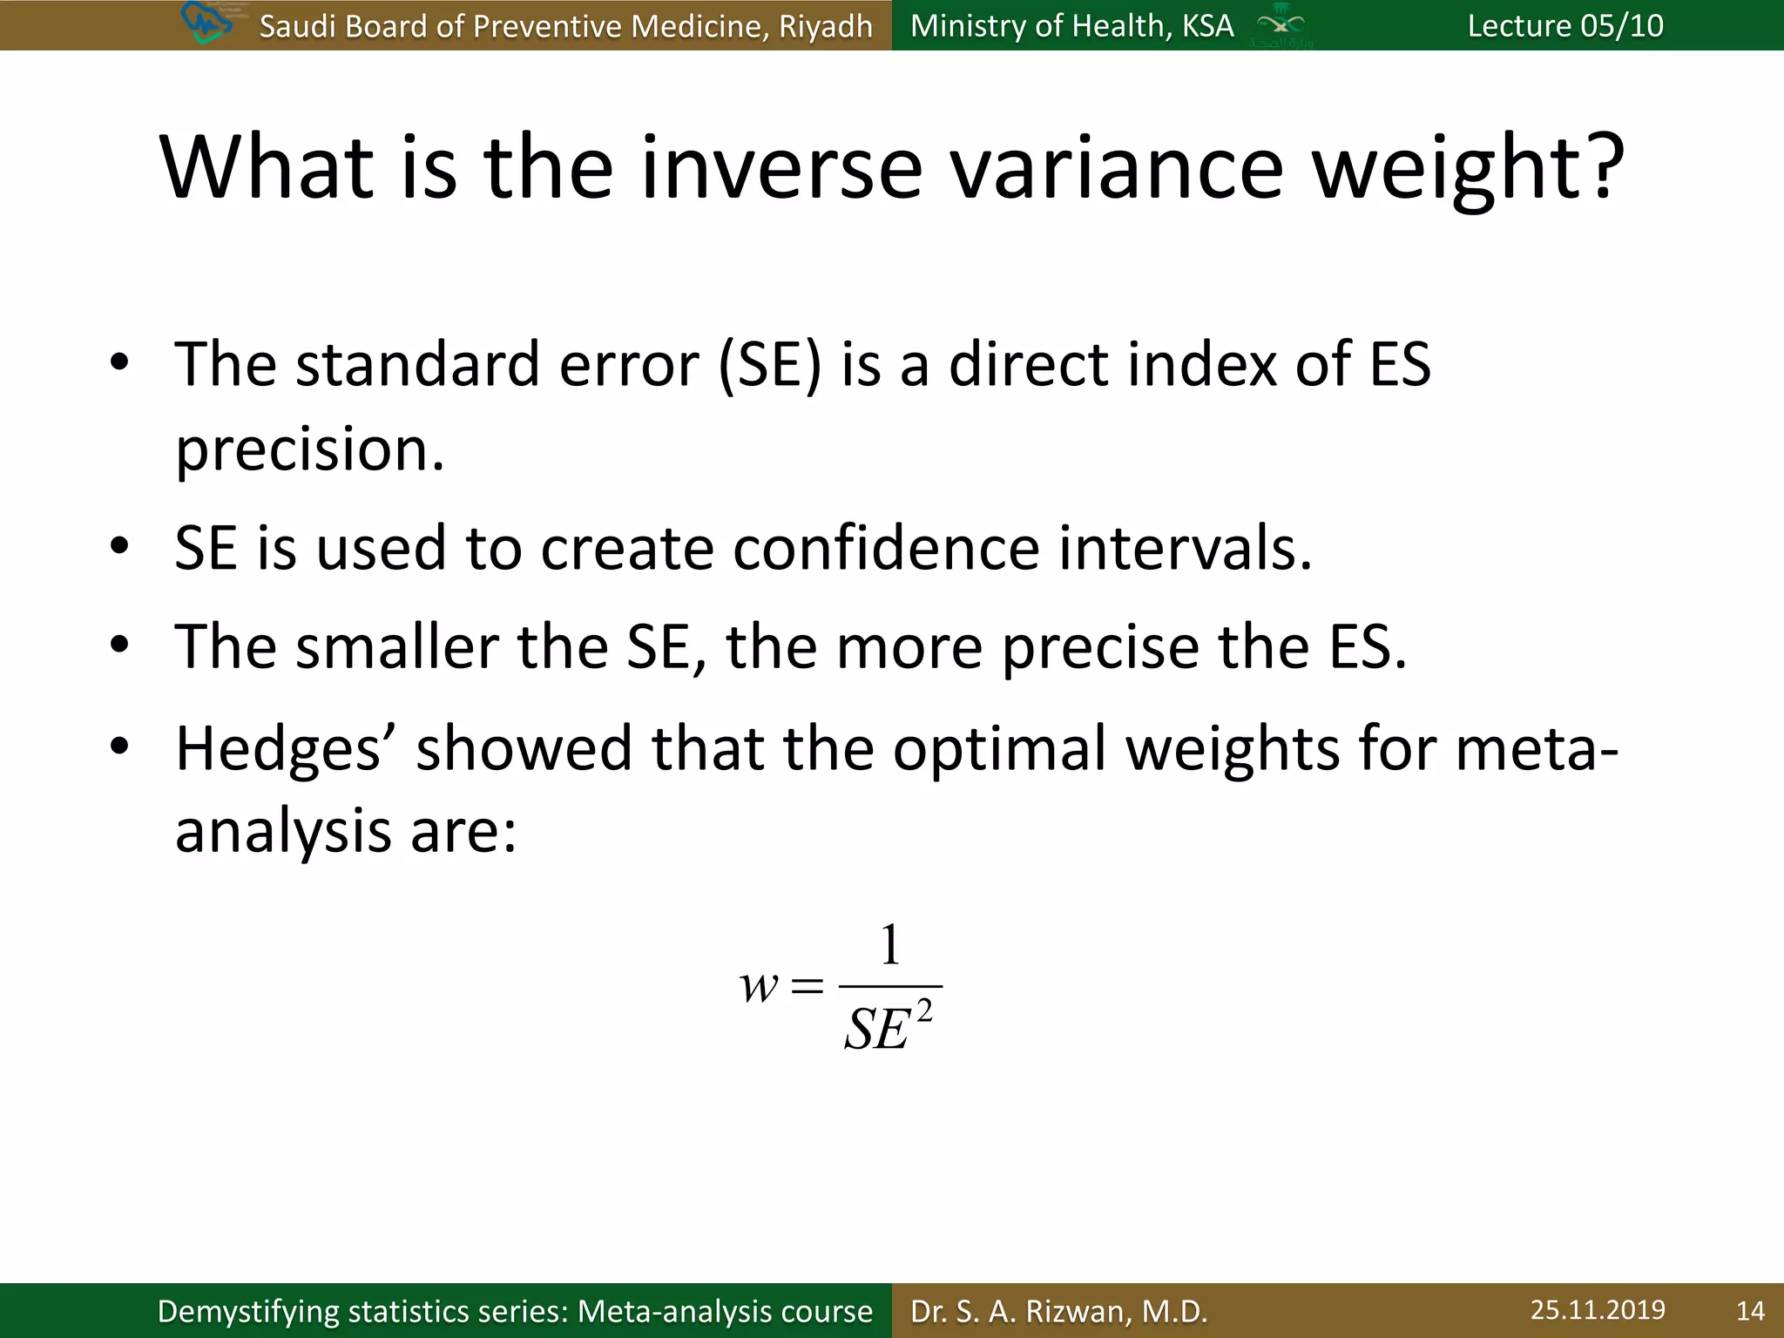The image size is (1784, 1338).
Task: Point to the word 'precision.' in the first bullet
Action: point(310,449)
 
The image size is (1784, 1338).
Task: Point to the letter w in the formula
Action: point(759,987)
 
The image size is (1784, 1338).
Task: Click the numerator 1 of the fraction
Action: point(889,944)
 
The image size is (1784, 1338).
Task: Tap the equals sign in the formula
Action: point(807,987)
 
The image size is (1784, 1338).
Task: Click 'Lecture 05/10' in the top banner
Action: point(1564,25)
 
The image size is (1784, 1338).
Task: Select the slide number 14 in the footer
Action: point(1750,1311)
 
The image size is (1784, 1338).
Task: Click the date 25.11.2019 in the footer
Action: point(1598,1310)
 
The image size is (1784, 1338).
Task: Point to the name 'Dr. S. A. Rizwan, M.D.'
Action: point(1059,1311)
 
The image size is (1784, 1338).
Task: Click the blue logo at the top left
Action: point(207,24)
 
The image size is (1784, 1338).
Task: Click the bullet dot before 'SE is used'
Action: point(120,547)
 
